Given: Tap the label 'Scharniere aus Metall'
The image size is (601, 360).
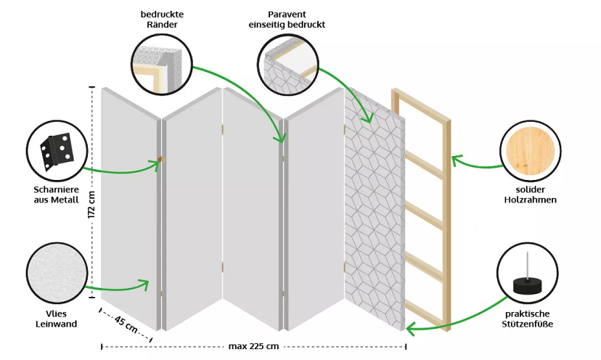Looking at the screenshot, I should tap(56, 195).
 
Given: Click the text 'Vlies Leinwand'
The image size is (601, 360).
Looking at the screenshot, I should tap(56, 319).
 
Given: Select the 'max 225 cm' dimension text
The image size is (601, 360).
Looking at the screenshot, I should tap(253, 346).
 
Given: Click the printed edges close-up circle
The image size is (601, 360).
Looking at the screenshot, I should tap(161, 66).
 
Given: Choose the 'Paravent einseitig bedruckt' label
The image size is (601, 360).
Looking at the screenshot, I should tap(289, 19).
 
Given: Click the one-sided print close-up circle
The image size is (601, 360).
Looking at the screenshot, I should tap(289, 66).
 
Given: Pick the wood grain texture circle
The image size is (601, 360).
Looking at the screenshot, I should tap(531, 152).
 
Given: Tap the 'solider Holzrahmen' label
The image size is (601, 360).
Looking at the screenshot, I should tap(531, 195).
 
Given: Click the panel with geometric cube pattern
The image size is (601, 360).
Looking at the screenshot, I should tap(375, 210).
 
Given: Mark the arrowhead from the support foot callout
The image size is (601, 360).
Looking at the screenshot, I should tap(411, 330).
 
